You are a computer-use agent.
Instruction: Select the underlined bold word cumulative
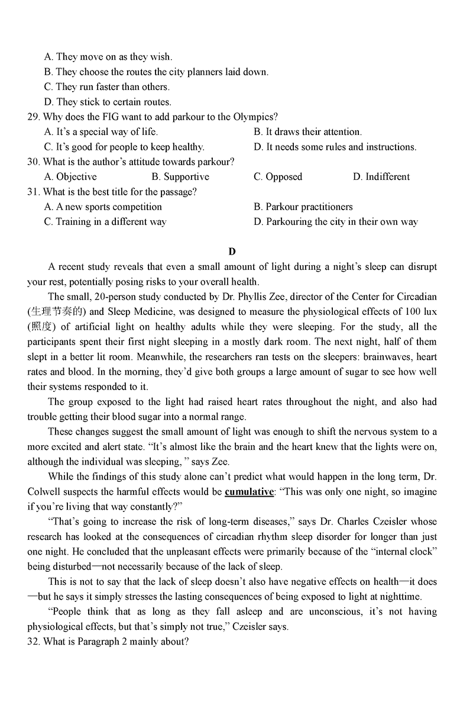point(250,492)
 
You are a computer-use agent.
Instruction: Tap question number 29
point(33,117)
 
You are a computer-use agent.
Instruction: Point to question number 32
point(33,641)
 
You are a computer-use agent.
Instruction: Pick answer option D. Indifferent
point(381,176)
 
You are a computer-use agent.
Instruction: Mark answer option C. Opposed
point(278,176)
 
